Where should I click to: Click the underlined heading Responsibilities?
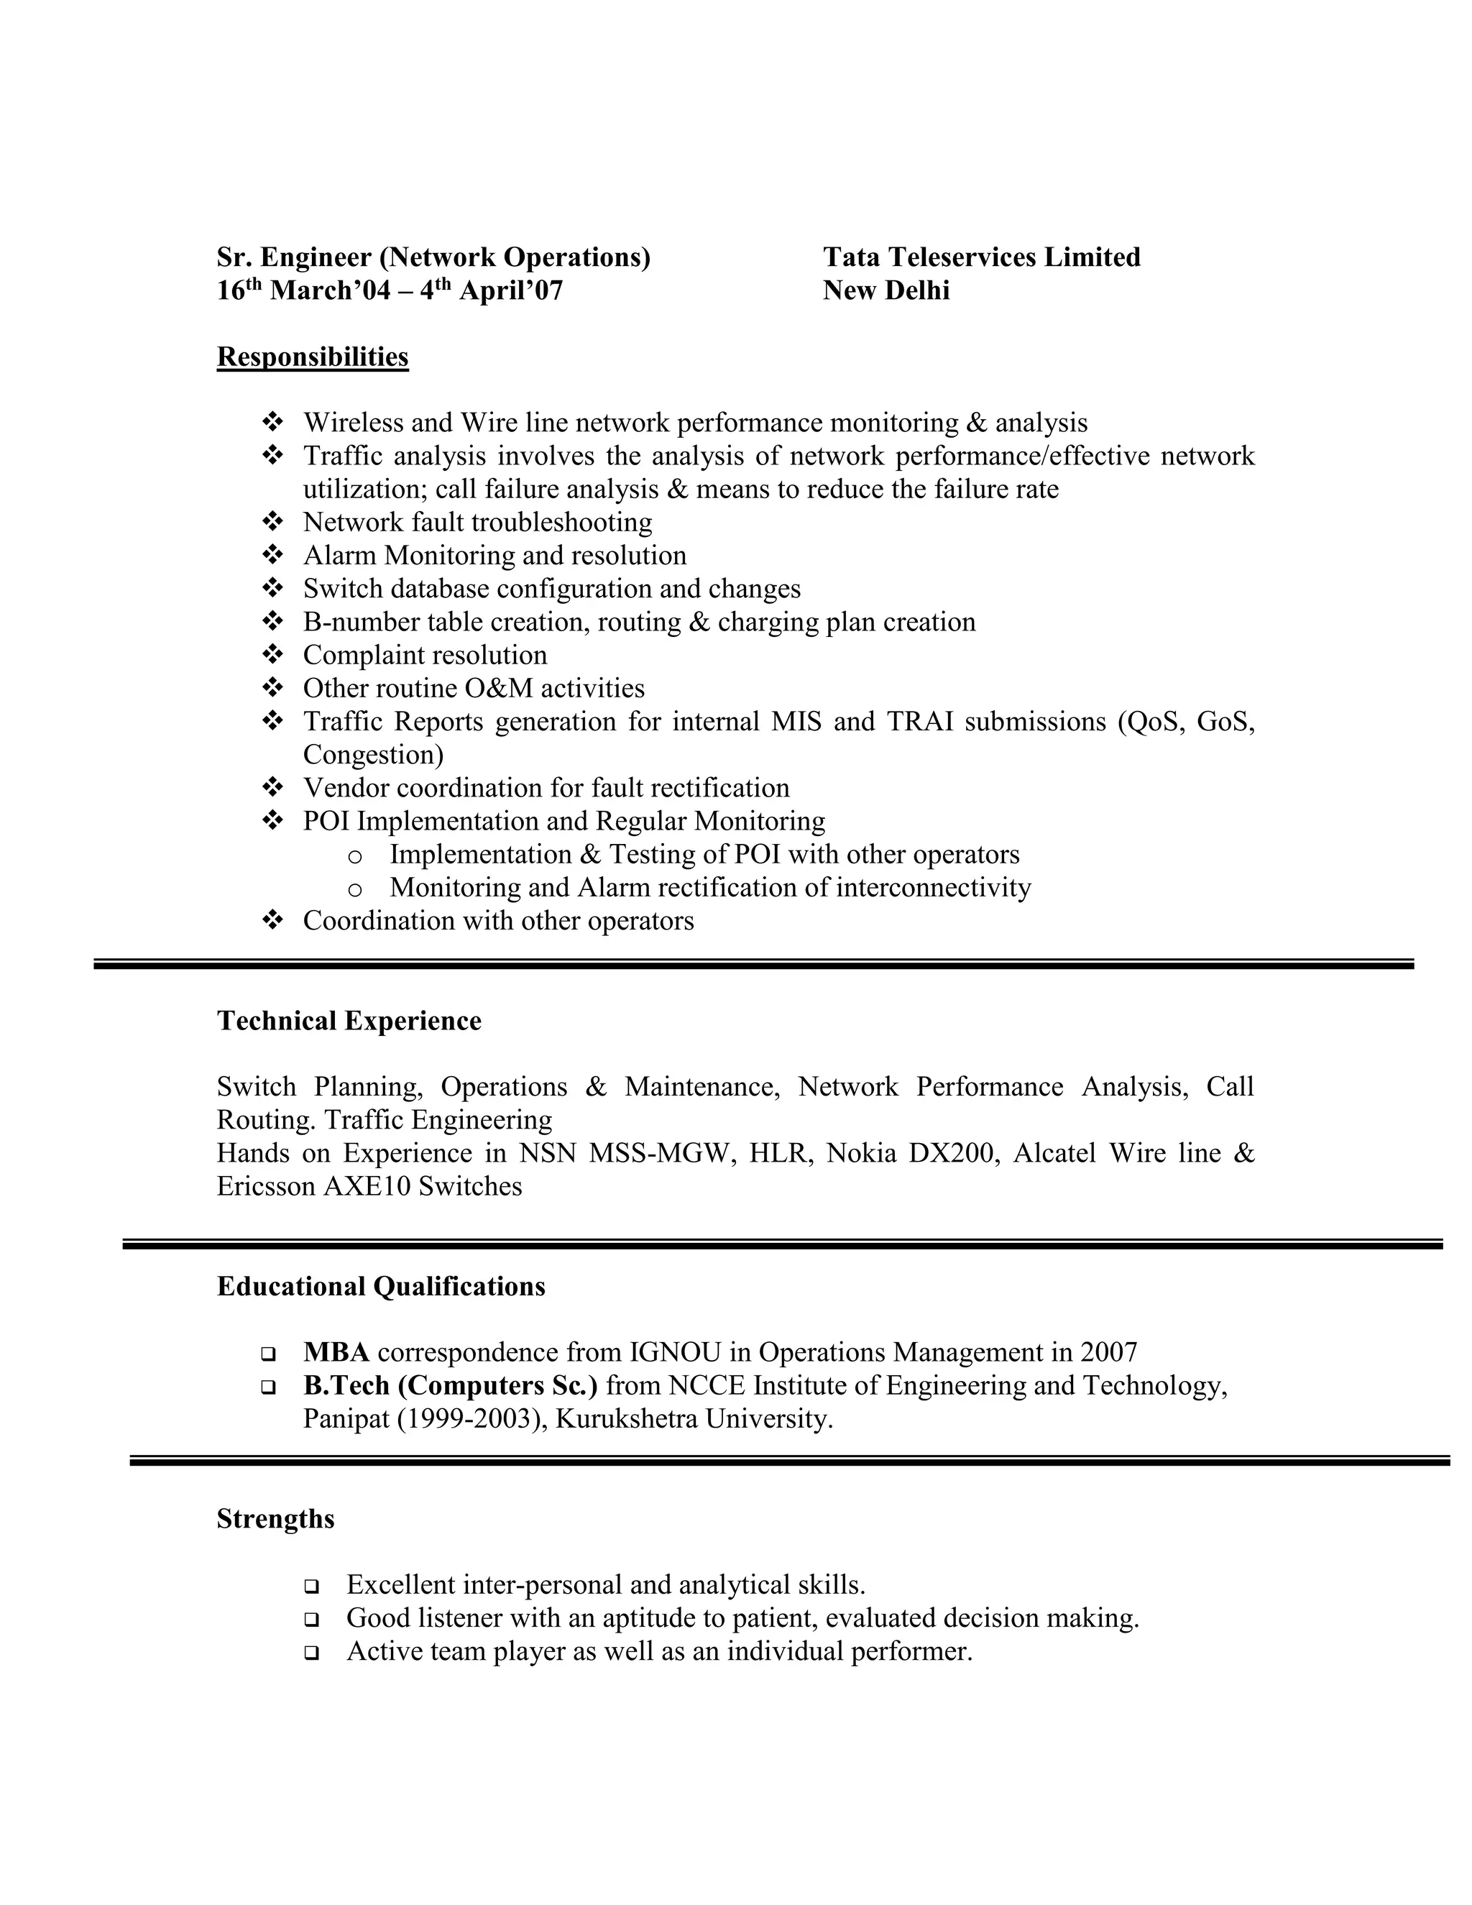click(312, 357)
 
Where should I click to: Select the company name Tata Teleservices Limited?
click(981, 257)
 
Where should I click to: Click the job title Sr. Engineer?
click(295, 257)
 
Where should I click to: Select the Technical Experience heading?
click(349, 1022)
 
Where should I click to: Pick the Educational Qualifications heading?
click(381, 1287)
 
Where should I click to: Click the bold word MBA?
click(336, 1353)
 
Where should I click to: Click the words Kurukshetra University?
click(694, 1419)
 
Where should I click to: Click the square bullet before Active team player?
click(311, 1653)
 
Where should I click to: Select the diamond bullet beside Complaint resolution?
click(272, 655)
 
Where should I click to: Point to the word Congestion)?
click(373, 756)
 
